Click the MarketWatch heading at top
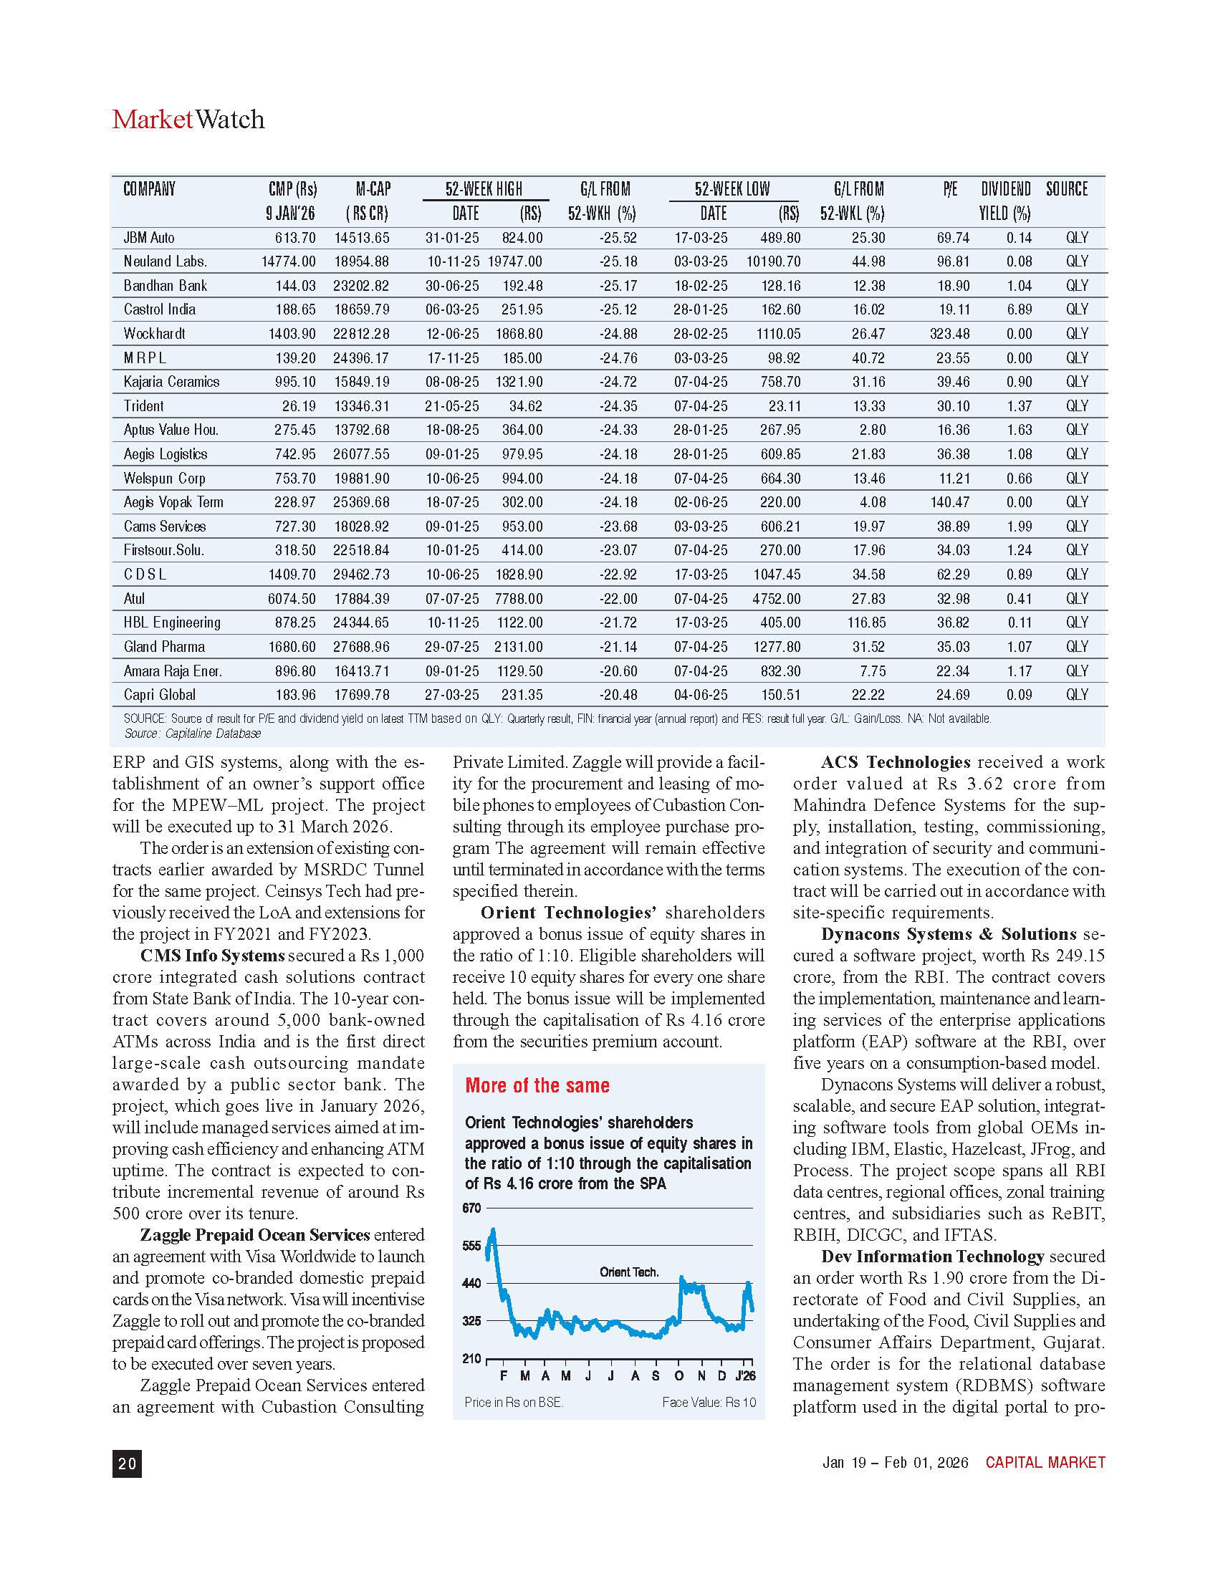188,120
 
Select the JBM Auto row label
148,237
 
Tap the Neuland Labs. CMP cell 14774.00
288,261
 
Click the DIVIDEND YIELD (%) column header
1005,201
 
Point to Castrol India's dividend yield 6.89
1019,309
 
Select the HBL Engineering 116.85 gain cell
866,622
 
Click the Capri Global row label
160,694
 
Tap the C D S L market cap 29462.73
361,575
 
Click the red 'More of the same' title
537,1085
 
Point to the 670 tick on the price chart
471,1208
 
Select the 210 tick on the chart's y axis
471,1358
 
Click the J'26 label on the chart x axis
745,1376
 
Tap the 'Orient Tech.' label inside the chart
629,1272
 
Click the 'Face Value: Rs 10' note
709,1402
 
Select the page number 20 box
127,1463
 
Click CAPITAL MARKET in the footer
1045,1463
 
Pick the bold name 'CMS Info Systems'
212,956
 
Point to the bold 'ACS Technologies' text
896,762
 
